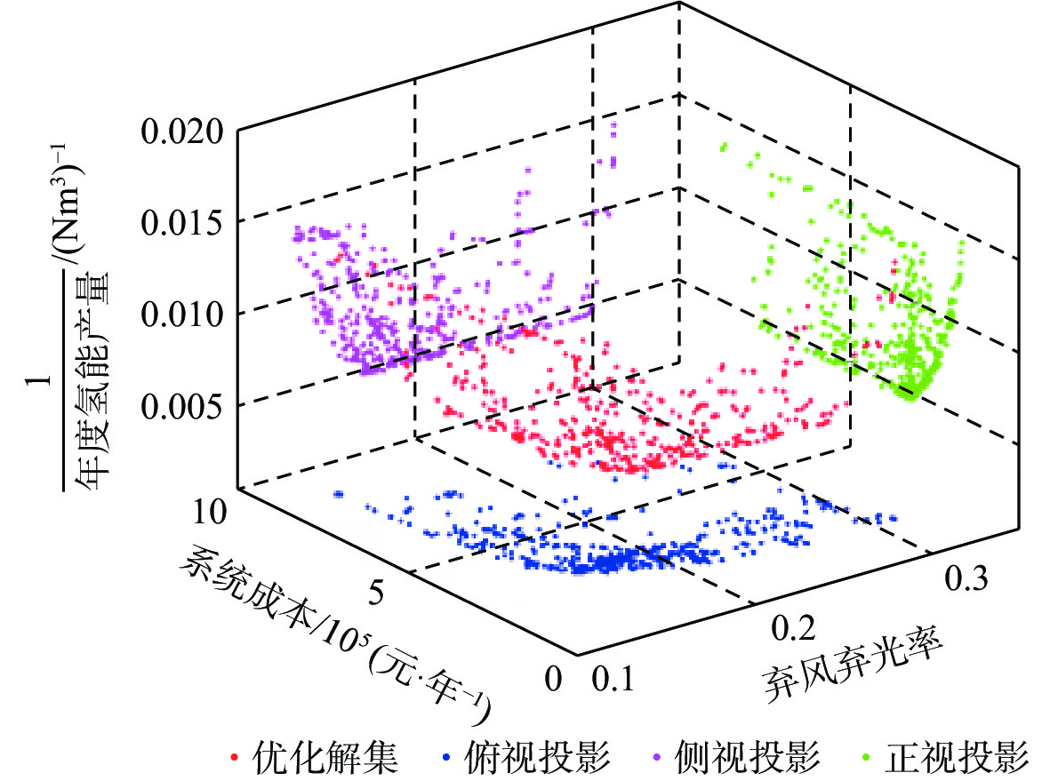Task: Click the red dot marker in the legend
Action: click(235, 758)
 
